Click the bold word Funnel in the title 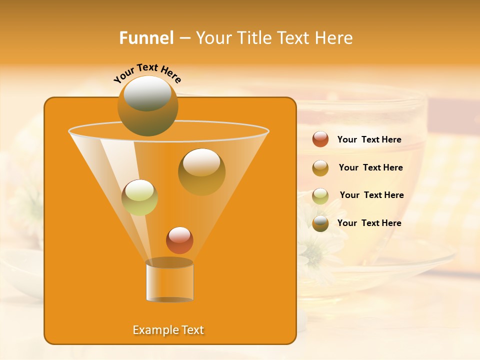(146, 38)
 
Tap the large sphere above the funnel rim (147, 106)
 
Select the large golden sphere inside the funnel (201, 172)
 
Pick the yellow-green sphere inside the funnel (139, 197)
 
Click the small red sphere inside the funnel (179, 240)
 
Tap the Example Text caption (168, 330)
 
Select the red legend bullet (320, 139)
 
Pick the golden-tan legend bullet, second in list (320, 167)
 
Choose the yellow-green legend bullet (320, 195)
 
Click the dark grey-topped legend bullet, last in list (320, 223)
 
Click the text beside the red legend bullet (369, 139)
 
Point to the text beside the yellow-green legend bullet (371, 195)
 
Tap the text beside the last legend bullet (369, 223)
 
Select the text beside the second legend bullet (370, 167)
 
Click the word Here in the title (334, 38)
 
